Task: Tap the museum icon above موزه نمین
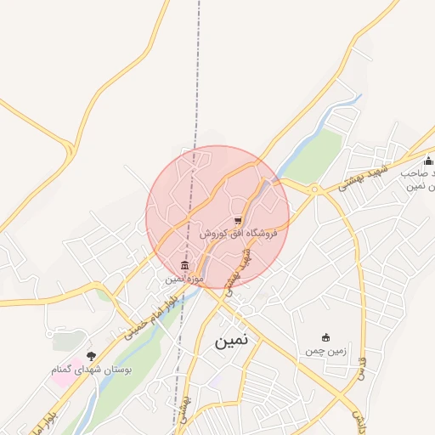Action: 185,266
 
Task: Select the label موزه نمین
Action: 185,278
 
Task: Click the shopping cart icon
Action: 237,221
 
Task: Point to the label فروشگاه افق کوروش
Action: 239,233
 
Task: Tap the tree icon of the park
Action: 91,355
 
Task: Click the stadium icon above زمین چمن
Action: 325,337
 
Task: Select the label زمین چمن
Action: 325,350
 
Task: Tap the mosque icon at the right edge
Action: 428,161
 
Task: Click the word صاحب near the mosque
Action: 418,174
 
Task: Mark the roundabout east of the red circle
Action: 316,189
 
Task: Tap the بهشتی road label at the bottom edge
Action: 185,411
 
